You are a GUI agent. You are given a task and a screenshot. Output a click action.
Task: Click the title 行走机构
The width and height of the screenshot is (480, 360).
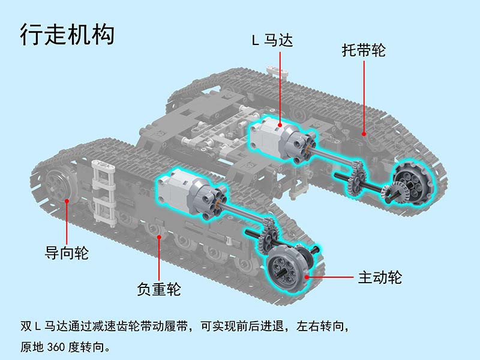point(67,34)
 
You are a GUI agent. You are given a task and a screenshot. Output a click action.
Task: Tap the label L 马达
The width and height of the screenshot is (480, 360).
point(272,40)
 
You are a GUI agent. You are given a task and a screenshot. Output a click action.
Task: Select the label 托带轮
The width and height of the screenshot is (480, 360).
point(364,50)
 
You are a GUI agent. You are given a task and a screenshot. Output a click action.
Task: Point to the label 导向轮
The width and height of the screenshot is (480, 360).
point(67,253)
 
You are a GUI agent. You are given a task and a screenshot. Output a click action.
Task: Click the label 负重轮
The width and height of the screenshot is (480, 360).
point(159,289)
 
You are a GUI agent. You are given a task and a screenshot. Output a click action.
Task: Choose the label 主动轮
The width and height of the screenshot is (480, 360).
point(380,277)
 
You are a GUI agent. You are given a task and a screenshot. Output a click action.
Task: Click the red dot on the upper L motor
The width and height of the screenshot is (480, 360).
point(280,125)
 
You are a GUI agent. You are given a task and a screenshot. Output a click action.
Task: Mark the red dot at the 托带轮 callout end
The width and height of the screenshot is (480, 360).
point(364,133)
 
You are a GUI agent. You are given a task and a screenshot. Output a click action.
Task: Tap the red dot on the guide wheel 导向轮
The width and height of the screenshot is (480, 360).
point(67,201)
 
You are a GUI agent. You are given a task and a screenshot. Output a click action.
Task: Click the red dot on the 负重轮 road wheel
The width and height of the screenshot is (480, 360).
point(159,237)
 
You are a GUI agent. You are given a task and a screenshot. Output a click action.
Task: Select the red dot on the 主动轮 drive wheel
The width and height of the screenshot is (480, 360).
point(307,277)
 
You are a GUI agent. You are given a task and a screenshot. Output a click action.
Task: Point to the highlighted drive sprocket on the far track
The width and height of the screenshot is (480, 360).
point(413,182)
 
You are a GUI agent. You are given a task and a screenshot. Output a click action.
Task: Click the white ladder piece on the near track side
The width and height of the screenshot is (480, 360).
point(103,192)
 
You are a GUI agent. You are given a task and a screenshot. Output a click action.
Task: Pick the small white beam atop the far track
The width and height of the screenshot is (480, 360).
point(278,70)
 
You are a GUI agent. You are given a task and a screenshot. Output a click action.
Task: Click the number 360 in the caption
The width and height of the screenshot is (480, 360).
point(56,347)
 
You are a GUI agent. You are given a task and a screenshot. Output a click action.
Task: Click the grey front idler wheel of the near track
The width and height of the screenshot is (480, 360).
point(58,187)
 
